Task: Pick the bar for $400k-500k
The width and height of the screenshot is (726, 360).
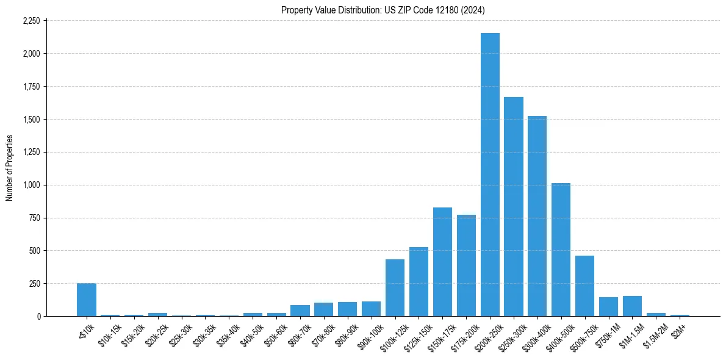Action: (x=561, y=250)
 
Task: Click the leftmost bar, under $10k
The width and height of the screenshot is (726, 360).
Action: (x=87, y=300)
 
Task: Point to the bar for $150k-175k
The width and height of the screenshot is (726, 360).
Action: (x=442, y=262)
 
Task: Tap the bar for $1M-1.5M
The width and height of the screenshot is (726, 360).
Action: (x=632, y=306)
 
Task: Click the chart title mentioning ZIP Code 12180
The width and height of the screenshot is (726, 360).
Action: (x=383, y=10)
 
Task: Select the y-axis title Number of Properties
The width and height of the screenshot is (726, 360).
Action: (x=9, y=168)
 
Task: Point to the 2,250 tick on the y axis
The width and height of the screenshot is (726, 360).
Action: (x=31, y=21)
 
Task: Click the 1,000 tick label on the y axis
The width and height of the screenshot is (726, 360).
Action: (x=31, y=185)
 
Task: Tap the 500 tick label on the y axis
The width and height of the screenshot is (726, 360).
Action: (x=34, y=251)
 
